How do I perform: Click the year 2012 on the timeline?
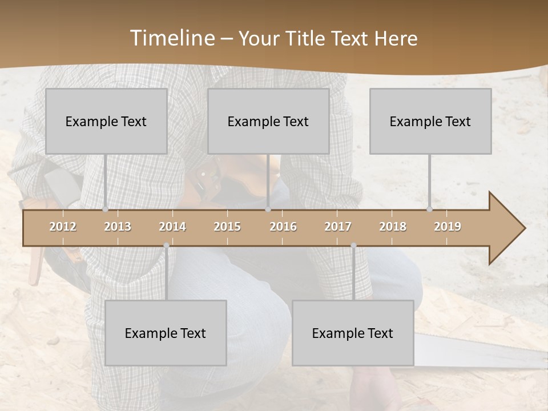pyautogui.click(x=63, y=227)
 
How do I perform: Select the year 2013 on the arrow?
pyautogui.click(x=118, y=227)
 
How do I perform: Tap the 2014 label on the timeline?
pyautogui.click(x=172, y=227)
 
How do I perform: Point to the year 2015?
pyautogui.click(x=227, y=227)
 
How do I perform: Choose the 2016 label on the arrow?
pyautogui.click(x=283, y=227)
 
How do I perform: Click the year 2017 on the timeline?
pyautogui.click(x=338, y=227)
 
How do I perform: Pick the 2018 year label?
pyautogui.click(x=393, y=227)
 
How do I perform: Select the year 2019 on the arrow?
pyautogui.click(x=448, y=227)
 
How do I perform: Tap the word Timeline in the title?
pyautogui.click(x=171, y=38)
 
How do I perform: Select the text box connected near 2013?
pyautogui.click(x=106, y=121)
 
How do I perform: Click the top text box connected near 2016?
pyautogui.click(x=268, y=121)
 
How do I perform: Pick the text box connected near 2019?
pyautogui.click(x=430, y=121)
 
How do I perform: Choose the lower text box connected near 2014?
pyautogui.click(x=166, y=333)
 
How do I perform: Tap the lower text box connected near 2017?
pyautogui.click(x=353, y=333)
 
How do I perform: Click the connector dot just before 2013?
pyautogui.click(x=105, y=209)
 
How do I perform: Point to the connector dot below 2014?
pyautogui.click(x=166, y=245)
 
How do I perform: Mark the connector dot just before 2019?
pyautogui.click(x=429, y=209)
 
